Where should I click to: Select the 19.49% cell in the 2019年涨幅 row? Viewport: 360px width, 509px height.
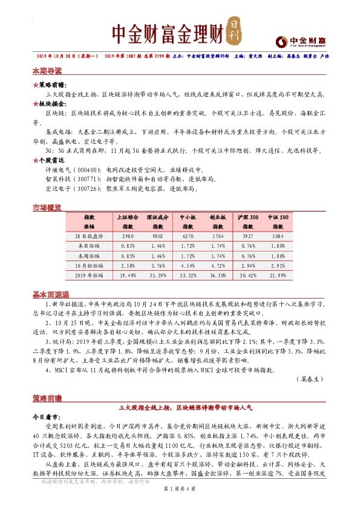point(128,275)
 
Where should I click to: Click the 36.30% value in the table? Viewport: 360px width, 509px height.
point(217,275)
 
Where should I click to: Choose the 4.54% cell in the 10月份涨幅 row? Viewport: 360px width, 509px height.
point(188,265)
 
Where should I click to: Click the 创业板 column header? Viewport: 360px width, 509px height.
point(217,216)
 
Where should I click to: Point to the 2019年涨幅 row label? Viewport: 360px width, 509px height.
point(90,275)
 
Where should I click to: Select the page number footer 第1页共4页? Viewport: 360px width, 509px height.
point(180,495)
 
